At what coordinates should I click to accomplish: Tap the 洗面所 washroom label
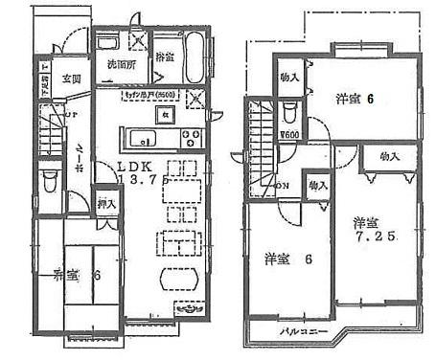coord(120,65)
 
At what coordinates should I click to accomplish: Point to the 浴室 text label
coord(164,58)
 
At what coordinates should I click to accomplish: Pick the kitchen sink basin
coord(136,135)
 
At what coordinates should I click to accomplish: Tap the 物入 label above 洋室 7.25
coord(389,155)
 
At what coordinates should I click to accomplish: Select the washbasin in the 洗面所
coord(109,43)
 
